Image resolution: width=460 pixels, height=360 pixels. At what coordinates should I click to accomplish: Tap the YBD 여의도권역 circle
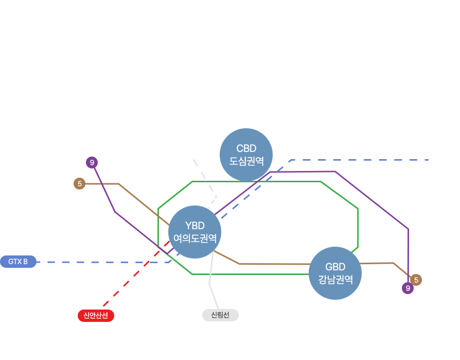[194, 232]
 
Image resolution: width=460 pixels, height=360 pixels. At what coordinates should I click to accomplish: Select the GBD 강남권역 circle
[335, 273]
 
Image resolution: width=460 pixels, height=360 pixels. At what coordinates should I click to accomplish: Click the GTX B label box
[19, 262]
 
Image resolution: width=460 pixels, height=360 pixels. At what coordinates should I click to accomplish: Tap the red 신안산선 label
[96, 315]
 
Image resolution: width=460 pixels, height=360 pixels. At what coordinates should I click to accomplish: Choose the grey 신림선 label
[220, 315]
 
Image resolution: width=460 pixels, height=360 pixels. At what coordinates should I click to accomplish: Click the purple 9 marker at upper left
[92, 163]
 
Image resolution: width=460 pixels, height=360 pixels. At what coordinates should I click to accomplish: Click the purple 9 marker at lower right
[408, 288]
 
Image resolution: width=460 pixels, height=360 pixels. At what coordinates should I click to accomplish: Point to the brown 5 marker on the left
[79, 183]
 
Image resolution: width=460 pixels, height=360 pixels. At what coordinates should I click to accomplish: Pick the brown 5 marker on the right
[416, 280]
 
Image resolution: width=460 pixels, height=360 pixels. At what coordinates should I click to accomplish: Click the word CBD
[246, 149]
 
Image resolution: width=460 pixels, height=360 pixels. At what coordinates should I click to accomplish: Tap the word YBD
[194, 226]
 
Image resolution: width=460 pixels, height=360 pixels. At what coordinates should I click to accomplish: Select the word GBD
[335, 267]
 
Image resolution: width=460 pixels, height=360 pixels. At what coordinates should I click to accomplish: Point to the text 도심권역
[246, 161]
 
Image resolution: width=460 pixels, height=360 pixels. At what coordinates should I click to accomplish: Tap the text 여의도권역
[194, 238]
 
